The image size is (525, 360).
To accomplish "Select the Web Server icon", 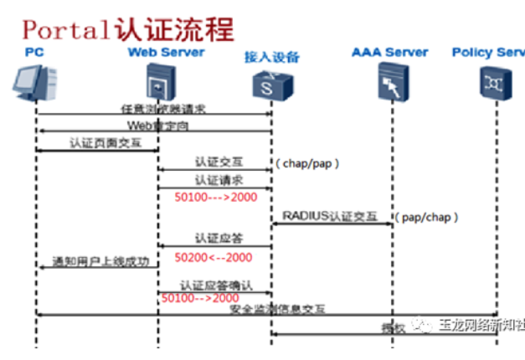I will point(157,85).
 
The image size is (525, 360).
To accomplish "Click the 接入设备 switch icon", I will point(270,85).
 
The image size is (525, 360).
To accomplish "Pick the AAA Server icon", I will point(389,84).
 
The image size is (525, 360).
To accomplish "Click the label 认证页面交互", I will point(101,144).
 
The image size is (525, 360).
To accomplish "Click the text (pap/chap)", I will point(428,218).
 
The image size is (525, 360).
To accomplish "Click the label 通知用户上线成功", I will point(100,261).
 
